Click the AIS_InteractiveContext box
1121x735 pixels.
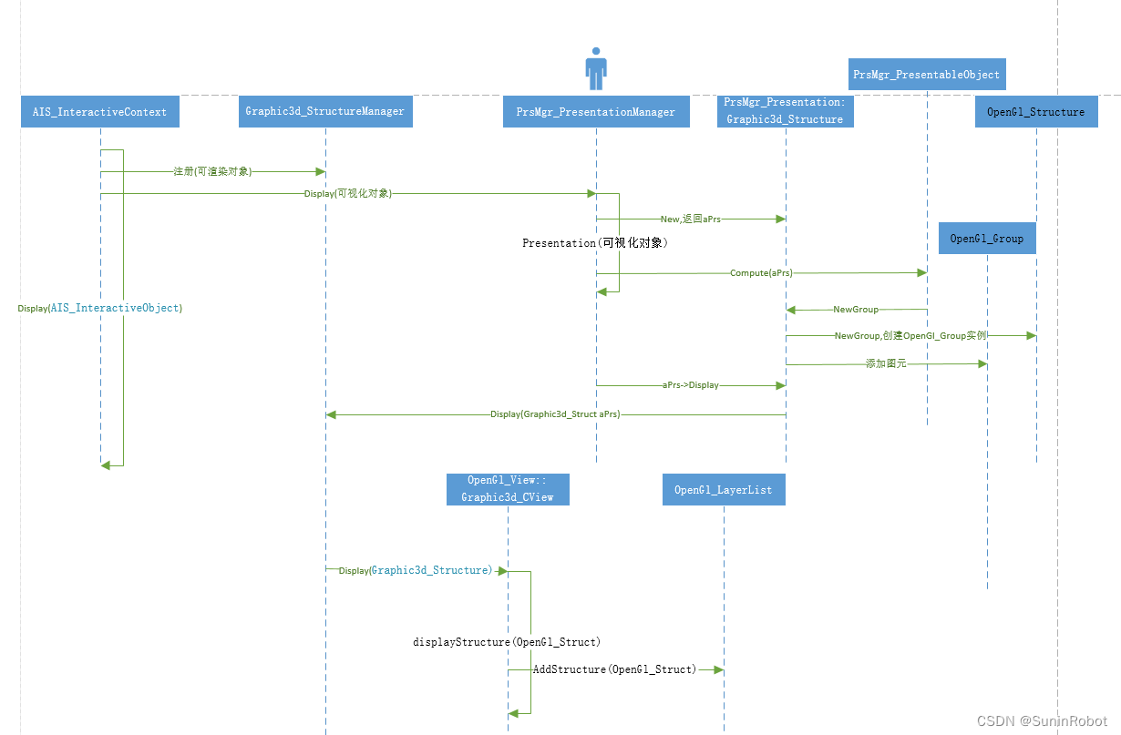(100, 112)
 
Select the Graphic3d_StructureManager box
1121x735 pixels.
(324, 111)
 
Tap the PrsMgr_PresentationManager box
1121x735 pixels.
(595, 112)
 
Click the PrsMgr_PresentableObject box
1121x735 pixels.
(926, 75)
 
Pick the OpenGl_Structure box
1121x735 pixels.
(1035, 112)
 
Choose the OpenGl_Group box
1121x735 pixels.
(986, 239)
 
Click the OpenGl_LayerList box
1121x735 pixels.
(723, 490)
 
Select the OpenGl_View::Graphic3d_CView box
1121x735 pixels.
(508, 489)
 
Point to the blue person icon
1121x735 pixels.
(596, 68)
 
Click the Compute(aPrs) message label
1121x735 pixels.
(761, 273)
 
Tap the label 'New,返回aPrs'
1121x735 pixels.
(690, 219)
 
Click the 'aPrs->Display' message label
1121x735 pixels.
(690, 385)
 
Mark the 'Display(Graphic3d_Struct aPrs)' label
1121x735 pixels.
(555, 414)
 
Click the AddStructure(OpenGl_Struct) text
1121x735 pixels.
(614, 669)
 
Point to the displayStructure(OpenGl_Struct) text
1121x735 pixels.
(507, 642)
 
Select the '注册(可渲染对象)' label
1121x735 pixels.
(212, 171)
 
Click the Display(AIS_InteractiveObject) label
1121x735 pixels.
(100, 308)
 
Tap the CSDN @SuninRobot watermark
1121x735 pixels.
(1042, 720)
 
